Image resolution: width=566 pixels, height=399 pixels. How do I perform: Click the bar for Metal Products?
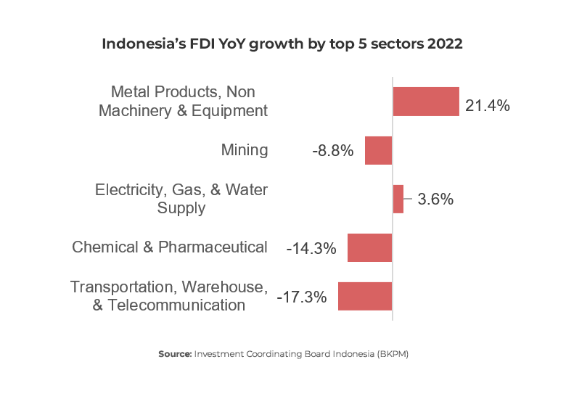pyautogui.click(x=426, y=102)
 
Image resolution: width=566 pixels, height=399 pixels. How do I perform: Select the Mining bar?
pyautogui.click(x=378, y=150)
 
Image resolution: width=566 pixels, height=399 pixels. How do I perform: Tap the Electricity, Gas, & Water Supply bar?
pyautogui.click(x=398, y=199)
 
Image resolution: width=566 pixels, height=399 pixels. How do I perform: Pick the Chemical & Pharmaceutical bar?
pyautogui.click(x=369, y=247)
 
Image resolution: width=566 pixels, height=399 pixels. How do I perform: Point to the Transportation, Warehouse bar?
pyautogui.click(x=364, y=296)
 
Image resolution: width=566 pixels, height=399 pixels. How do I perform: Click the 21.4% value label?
pyautogui.click(x=488, y=106)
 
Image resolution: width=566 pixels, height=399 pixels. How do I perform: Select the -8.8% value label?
pyautogui.click(x=333, y=151)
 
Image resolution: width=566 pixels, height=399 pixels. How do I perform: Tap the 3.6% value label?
pyautogui.click(x=435, y=199)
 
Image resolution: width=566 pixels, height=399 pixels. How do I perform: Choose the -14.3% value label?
pyautogui.click(x=311, y=248)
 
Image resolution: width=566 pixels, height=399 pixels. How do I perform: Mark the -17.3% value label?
pyautogui.click(x=302, y=297)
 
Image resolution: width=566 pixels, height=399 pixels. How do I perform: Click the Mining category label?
pyautogui.click(x=245, y=150)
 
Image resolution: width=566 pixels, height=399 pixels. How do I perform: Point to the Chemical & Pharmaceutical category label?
pyautogui.click(x=170, y=247)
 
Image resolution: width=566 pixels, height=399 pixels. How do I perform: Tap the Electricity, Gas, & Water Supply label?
pyautogui.click(x=181, y=199)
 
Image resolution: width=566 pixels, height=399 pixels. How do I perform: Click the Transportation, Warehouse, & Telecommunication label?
pyautogui.click(x=169, y=296)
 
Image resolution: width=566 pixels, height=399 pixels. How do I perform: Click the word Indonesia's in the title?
pyautogui.click(x=139, y=44)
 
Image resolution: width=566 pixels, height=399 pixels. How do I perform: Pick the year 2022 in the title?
pyautogui.click(x=445, y=44)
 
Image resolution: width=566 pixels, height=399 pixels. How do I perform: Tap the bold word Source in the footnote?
pyautogui.click(x=175, y=354)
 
